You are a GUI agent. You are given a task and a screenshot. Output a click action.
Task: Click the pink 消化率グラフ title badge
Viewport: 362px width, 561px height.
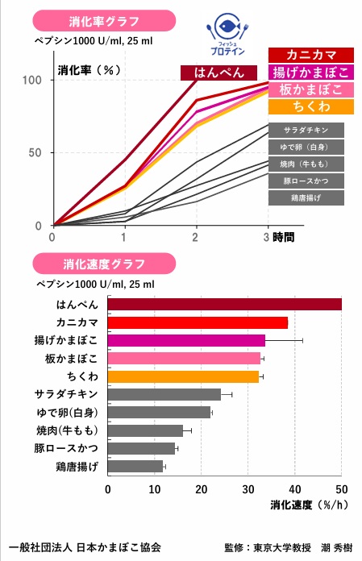(94, 20)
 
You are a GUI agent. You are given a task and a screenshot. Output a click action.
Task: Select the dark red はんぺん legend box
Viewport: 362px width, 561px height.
(220, 73)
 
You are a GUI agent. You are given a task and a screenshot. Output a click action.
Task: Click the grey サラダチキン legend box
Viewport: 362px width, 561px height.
(306, 130)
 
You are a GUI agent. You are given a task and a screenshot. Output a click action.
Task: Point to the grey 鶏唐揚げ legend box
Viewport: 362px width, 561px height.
(306, 197)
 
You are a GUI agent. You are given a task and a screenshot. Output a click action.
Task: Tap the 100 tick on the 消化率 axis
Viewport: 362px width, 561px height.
(32, 80)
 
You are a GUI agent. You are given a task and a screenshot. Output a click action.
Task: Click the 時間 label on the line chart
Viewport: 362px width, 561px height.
(284, 237)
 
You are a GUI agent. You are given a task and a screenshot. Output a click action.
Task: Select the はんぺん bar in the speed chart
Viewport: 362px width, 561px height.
(224, 304)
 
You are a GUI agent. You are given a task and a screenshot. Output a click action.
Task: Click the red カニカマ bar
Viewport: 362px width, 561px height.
(198, 322)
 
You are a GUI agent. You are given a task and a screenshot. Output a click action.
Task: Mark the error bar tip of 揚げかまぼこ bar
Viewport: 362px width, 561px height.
(302, 340)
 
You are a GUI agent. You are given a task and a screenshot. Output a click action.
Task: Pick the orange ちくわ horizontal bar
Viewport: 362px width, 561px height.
(183, 376)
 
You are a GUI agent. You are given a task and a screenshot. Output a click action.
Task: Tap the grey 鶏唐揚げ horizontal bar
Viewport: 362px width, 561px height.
(135, 466)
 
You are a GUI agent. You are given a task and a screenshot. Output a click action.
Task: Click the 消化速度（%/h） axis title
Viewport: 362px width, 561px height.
(302, 506)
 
